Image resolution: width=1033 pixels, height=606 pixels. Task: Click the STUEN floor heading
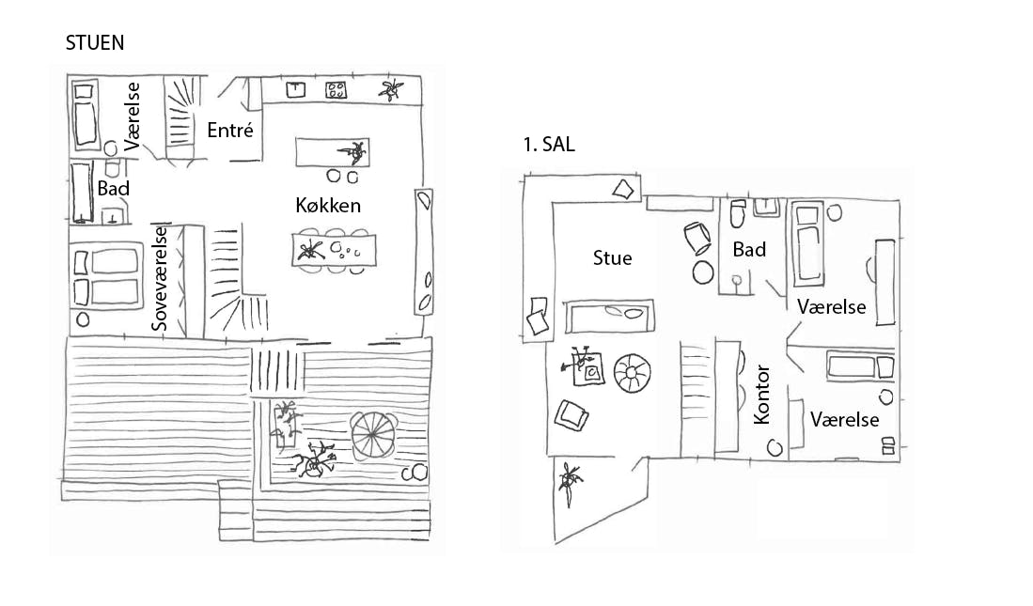tap(95, 43)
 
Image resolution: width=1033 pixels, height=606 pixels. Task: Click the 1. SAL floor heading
tap(549, 146)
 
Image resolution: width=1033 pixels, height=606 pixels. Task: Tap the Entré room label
tap(230, 131)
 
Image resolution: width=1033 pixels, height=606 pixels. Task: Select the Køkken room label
tap(328, 206)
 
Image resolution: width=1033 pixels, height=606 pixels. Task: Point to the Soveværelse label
tap(160, 278)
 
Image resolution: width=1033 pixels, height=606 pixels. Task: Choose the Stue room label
tap(612, 257)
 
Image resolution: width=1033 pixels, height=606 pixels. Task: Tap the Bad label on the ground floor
tap(113, 188)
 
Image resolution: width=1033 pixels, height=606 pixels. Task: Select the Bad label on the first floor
tap(749, 249)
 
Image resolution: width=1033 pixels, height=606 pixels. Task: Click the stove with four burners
tap(337, 90)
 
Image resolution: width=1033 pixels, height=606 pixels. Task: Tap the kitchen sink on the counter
tap(297, 89)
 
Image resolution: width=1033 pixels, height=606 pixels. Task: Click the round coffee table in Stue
tap(631, 374)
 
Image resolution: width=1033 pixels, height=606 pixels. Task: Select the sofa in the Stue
tap(608, 315)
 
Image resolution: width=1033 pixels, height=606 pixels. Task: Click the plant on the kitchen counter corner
tap(390, 90)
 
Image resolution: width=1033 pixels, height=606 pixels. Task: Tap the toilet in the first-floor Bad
tap(736, 218)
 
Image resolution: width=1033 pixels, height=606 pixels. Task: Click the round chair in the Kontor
tap(775, 447)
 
